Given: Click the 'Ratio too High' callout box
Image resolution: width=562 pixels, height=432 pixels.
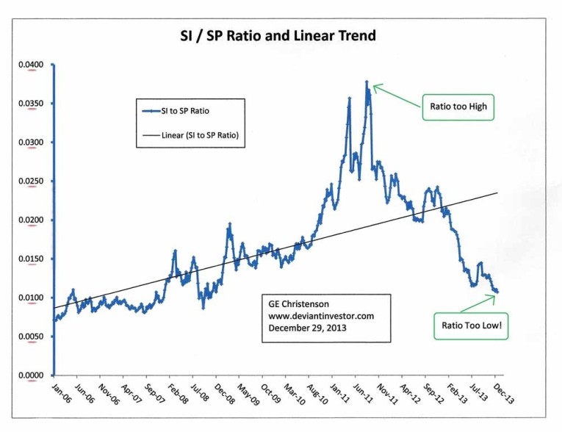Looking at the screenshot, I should point(459,107).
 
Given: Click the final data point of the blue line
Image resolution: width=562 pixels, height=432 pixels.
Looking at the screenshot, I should point(497,292).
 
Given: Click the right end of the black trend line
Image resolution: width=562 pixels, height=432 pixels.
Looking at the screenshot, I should point(498,192).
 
